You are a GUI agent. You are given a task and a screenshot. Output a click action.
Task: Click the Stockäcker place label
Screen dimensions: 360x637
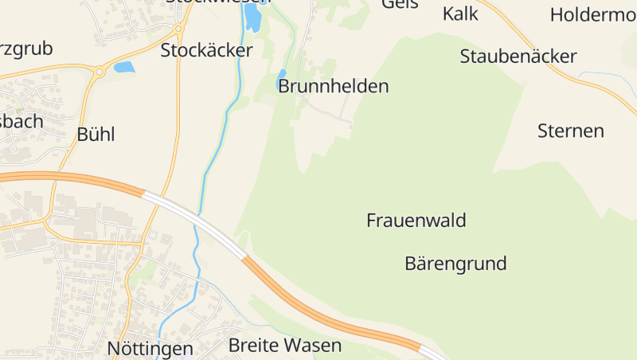[x=206, y=50]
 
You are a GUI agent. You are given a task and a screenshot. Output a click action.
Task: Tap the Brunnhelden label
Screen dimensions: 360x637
[x=333, y=86]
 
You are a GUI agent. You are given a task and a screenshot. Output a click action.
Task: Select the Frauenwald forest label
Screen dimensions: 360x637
[x=416, y=220]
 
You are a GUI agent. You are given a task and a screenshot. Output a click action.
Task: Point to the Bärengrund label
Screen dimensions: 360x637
[x=455, y=263]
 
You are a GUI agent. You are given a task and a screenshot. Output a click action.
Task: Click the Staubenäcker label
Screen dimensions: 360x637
[x=518, y=56]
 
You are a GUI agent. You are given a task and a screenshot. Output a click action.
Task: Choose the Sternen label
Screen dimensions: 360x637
[x=570, y=131]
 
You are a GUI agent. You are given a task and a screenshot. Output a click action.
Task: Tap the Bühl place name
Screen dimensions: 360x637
[x=96, y=134]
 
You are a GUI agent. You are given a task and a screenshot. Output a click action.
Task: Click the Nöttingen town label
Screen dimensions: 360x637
[x=150, y=349]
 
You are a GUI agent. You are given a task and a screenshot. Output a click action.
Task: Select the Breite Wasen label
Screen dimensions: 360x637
[x=284, y=346]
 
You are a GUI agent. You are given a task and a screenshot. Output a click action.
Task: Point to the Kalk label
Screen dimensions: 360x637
[x=459, y=14]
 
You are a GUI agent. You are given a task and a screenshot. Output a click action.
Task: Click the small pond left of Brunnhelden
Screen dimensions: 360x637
[x=281, y=80]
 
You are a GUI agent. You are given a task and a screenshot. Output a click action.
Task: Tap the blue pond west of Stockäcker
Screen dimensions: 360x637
[x=124, y=67]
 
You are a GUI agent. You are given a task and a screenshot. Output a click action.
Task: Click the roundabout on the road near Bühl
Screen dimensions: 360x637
[x=100, y=72]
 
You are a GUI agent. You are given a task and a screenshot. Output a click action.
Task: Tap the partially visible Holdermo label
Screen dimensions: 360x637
[x=592, y=14]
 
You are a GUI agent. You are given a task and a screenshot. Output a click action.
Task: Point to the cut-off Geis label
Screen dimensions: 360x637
[x=399, y=4]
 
